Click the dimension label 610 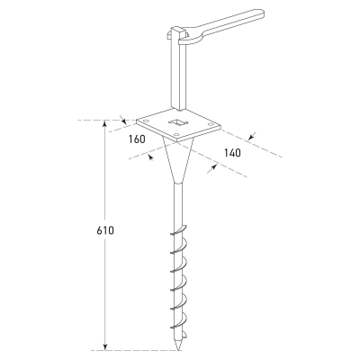(105, 230)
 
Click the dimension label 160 (137, 139)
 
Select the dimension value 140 (232, 153)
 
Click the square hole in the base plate (178, 122)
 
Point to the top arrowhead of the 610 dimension (104, 123)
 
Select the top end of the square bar (177, 30)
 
